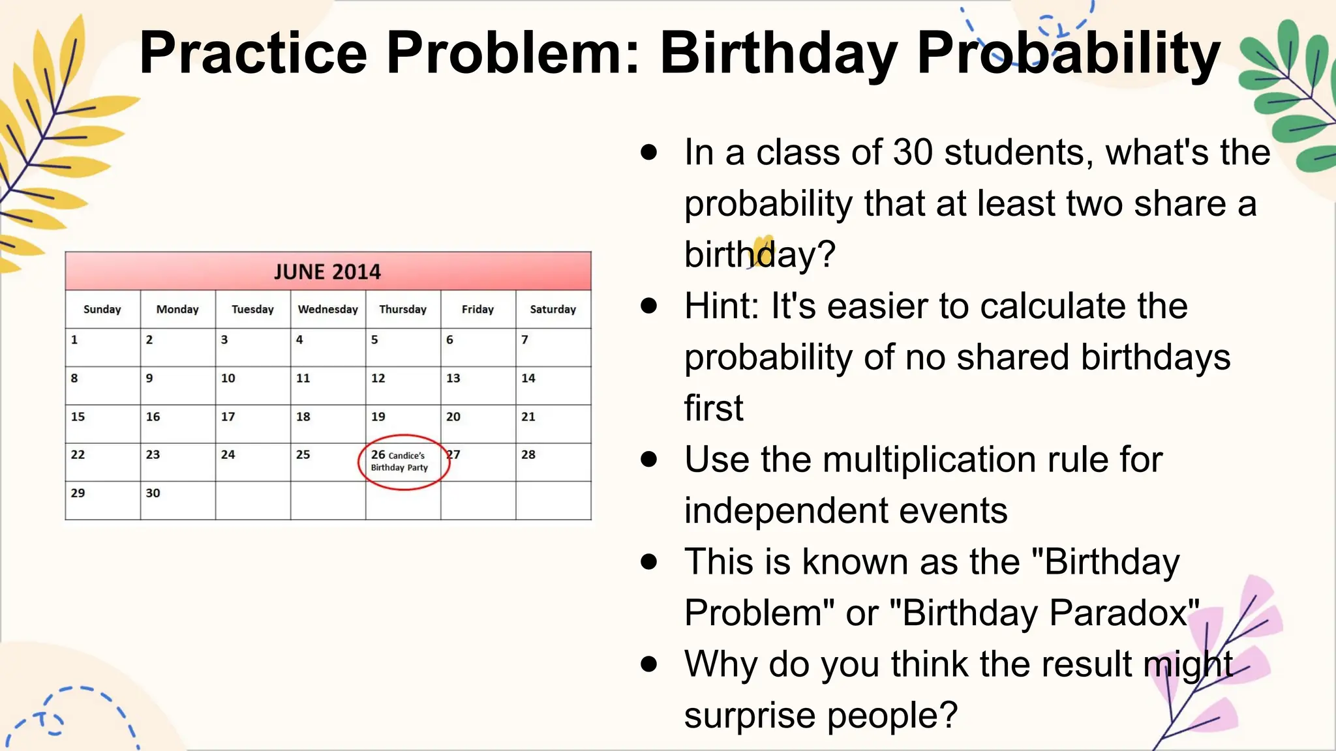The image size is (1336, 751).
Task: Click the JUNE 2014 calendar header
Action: point(327,271)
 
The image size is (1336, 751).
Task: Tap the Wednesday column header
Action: point(328,309)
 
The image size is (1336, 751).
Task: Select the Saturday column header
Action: point(553,309)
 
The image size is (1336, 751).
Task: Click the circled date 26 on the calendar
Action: point(378,454)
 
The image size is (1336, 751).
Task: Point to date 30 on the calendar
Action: point(153,493)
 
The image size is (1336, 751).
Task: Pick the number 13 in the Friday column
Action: point(453,378)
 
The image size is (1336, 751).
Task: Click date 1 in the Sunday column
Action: point(74,340)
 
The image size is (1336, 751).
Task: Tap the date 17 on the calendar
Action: point(228,417)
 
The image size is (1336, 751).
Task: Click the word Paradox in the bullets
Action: point(1125,613)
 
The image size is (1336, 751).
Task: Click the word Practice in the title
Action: point(254,52)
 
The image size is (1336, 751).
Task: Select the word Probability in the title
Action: point(1068,52)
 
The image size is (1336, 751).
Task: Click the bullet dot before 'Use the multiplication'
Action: point(648,459)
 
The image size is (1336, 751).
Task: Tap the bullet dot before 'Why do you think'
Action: point(648,664)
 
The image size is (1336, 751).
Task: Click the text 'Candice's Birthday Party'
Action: point(400,462)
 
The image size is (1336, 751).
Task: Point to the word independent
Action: point(785,510)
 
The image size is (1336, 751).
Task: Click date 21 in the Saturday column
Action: point(528,417)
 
